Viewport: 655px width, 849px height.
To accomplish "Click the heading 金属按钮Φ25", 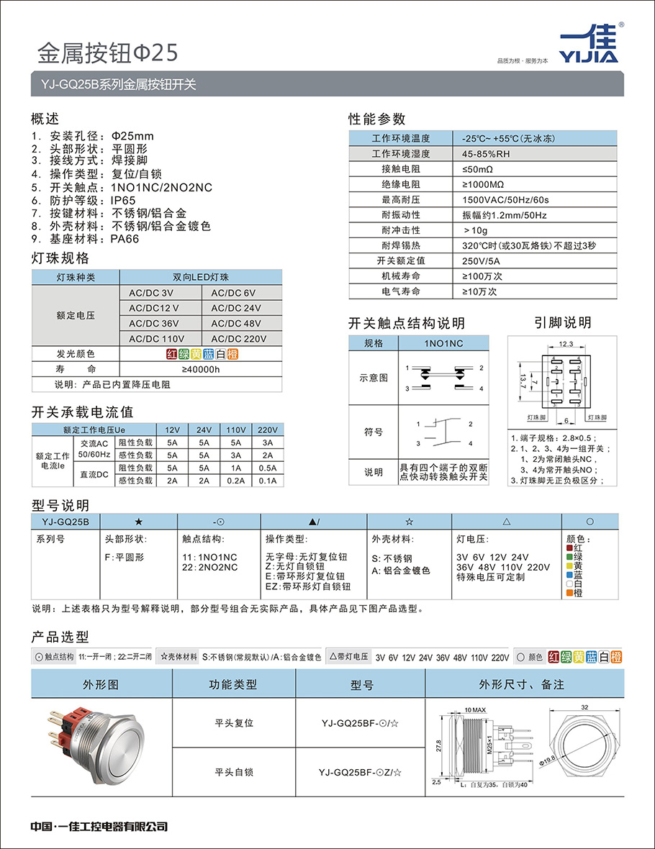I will pyautogui.click(x=107, y=52).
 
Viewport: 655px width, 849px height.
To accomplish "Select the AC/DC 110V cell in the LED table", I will pyautogui.click(x=156, y=338).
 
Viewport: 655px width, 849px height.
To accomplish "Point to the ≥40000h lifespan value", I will pyautogui.click(x=201, y=369).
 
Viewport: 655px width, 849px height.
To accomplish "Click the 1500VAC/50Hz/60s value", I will pyautogui.click(x=505, y=199).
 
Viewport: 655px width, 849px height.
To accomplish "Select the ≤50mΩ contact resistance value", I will pyautogui.click(x=478, y=169).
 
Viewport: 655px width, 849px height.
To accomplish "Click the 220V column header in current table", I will pyautogui.click(x=266, y=430).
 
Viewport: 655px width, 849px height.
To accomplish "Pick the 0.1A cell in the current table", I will pyautogui.click(x=266, y=480).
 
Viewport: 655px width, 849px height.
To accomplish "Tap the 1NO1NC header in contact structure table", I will pyautogui.click(x=443, y=343).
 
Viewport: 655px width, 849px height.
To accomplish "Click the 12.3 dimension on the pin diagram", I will pyautogui.click(x=565, y=345).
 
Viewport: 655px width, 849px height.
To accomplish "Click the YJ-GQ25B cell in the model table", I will pyautogui.click(x=65, y=522).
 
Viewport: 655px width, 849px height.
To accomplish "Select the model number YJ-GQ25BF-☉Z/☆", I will pyautogui.click(x=360, y=772).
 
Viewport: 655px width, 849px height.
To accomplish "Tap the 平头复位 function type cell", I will pyautogui.click(x=234, y=722).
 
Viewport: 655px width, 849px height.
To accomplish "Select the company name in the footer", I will pyautogui.click(x=99, y=827).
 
